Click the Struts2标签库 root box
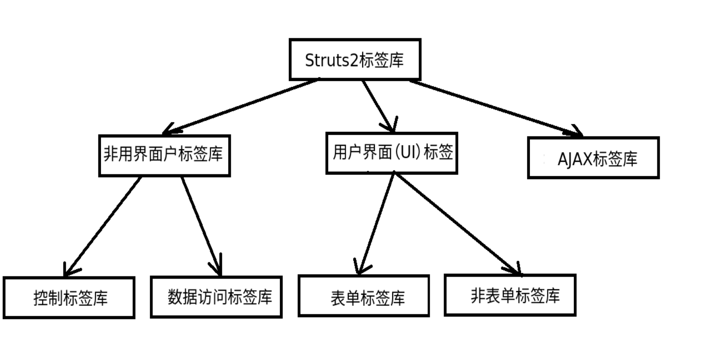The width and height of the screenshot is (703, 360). (x=355, y=59)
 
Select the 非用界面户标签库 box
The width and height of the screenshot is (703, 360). (x=164, y=155)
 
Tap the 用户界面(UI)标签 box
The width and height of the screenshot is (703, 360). (x=392, y=153)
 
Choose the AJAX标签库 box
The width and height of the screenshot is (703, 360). (x=593, y=158)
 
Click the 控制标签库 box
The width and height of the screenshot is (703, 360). (x=69, y=297)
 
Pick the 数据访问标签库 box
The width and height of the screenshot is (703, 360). (x=216, y=297)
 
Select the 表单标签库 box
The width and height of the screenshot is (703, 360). (x=364, y=296)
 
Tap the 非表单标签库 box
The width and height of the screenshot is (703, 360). (x=510, y=295)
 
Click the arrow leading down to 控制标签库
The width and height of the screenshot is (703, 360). (x=103, y=226)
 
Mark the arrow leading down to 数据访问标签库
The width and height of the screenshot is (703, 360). (x=201, y=226)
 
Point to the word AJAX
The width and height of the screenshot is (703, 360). (x=575, y=159)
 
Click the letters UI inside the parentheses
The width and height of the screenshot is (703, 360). (x=406, y=152)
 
